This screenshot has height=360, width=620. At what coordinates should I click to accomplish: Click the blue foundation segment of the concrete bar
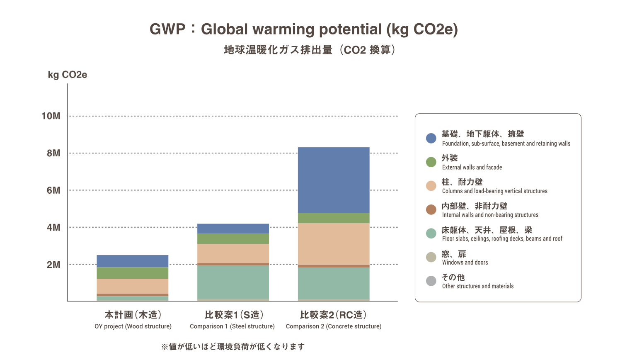pyautogui.click(x=334, y=180)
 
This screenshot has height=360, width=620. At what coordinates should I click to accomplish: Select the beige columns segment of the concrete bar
pyautogui.click(x=334, y=244)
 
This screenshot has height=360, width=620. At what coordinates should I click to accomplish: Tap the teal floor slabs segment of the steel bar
pyautogui.click(x=233, y=282)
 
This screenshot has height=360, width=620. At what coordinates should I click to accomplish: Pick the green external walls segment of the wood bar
pyautogui.click(x=133, y=273)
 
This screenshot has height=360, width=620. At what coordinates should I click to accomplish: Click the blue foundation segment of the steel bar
pyautogui.click(x=233, y=229)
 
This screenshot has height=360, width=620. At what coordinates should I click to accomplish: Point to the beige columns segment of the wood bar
pyautogui.click(x=133, y=286)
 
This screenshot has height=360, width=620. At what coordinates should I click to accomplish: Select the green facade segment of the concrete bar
pyautogui.click(x=334, y=218)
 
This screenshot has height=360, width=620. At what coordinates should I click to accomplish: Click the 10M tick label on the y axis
pyautogui.click(x=51, y=116)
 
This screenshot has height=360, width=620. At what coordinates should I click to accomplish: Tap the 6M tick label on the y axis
pyautogui.click(x=53, y=190)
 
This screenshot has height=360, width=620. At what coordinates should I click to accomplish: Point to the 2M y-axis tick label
pyautogui.click(x=53, y=265)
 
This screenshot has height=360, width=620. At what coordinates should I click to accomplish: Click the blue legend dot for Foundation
pyautogui.click(x=431, y=138)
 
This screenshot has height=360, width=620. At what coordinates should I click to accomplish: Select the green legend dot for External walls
pyautogui.click(x=431, y=162)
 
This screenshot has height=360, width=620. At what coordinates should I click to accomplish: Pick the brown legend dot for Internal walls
pyautogui.click(x=431, y=209)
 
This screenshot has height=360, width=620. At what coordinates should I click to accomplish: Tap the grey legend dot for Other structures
pyautogui.click(x=431, y=281)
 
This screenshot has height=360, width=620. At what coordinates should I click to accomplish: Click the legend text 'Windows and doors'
pyautogui.click(x=465, y=263)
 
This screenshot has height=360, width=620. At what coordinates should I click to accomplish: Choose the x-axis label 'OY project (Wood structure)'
pyautogui.click(x=133, y=326)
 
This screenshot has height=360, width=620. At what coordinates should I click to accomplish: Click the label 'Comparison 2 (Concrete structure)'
pyautogui.click(x=334, y=326)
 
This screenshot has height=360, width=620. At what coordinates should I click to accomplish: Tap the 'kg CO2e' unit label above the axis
pyautogui.click(x=68, y=75)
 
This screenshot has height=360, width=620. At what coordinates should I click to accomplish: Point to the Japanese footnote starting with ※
pyautogui.click(x=233, y=347)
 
